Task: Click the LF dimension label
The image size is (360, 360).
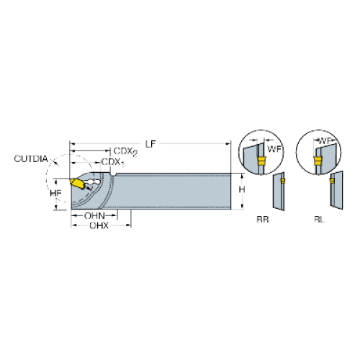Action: pos(150,144)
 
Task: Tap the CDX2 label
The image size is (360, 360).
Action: pos(125,152)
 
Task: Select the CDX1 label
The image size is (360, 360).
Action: pos(113,163)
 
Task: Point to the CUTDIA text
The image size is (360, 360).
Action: pos(31,159)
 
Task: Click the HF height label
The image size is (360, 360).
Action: pos(55,193)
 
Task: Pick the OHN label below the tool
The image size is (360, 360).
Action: pos(94,216)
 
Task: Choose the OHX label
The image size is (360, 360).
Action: pos(99,225)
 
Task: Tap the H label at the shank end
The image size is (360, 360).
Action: pos(242,189)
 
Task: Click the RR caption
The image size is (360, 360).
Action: pos(263,220)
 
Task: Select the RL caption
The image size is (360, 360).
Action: pos(319,220)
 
